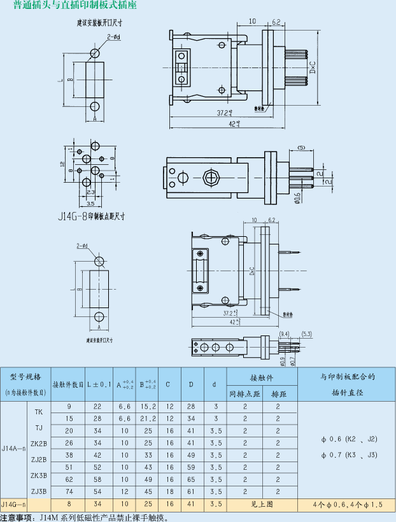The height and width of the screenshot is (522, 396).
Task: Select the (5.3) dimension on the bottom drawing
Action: tap(306, 334)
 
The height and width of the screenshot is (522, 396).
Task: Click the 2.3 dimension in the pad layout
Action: tap(90, 192)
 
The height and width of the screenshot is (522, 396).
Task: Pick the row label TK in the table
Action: tap(38, 411)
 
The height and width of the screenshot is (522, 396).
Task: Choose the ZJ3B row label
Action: tap(38, 491)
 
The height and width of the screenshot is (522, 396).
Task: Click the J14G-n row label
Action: tap(14, 504)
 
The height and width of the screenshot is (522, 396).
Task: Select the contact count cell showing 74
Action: tap(68, 491)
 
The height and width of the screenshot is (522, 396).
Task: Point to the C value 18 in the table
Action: tap(169, 491)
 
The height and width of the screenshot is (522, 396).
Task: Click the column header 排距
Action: tap(278, 394)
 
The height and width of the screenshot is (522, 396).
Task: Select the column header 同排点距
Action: tap(244, 394)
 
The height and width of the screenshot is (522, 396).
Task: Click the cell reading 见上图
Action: tap(261, 504)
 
